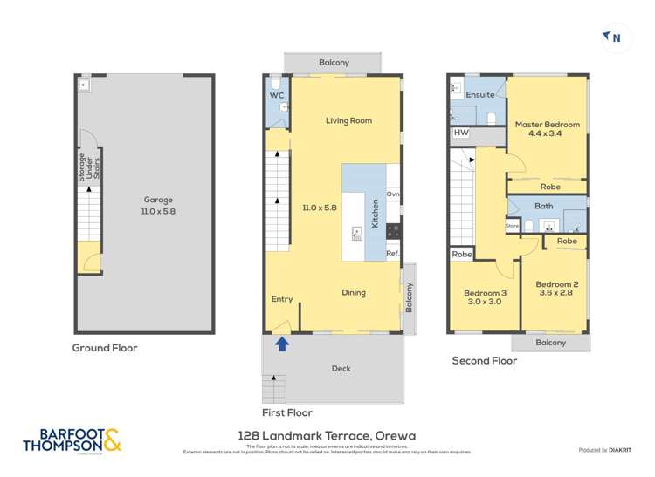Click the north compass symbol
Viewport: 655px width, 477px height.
612,37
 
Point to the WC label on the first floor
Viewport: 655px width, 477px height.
277,95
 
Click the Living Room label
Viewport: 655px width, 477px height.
349,121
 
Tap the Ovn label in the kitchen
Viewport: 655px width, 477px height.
393,194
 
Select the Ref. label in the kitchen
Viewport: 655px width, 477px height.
393,253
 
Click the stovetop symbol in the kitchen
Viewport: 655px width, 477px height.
393,231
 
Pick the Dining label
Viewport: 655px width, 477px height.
354,293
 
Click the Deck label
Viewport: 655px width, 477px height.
341,368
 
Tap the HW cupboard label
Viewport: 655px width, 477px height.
461,133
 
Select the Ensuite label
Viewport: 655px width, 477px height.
479,94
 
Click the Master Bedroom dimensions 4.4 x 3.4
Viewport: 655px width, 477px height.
547,135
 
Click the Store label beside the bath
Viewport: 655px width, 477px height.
513,226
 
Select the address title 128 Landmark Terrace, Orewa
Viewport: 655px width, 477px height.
327,434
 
